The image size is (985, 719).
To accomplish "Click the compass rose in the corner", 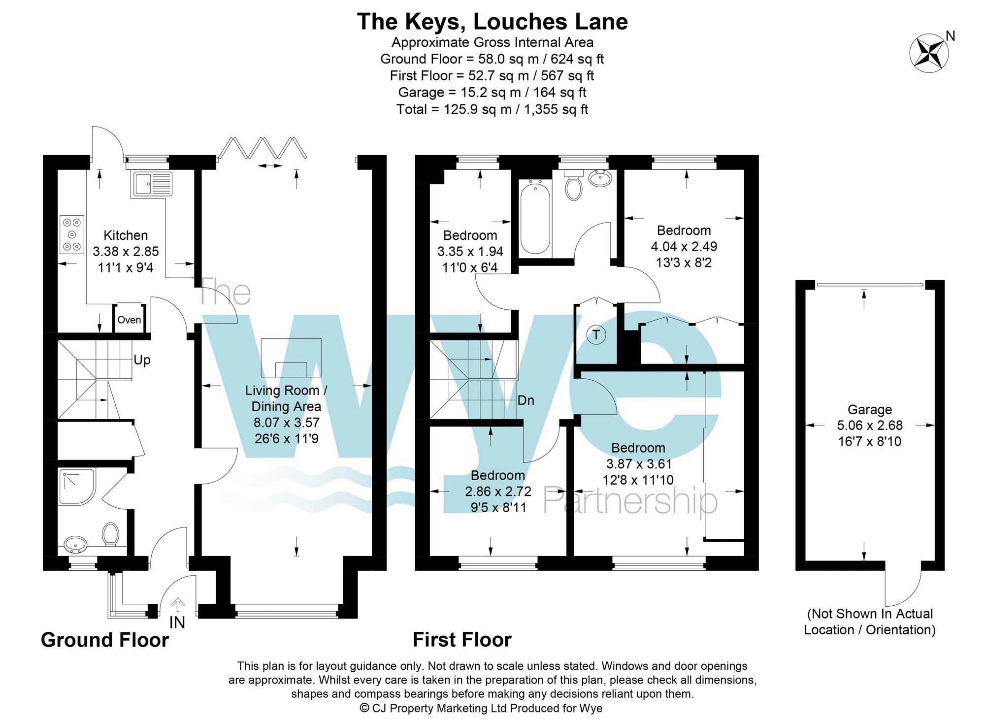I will click(929, 53).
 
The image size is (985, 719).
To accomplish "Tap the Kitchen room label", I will click(126, 235).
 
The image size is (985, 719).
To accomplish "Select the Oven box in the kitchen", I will click(129, 320).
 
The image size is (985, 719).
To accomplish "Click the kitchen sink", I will click(152, 184).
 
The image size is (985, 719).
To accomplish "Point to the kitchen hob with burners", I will click(72, 234).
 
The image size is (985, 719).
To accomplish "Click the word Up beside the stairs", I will click(142, 360).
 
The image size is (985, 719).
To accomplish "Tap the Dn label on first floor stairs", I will click(525, 400).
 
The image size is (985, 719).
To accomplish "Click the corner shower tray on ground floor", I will click(76, 487).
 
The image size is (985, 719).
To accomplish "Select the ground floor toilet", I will click(111, 534).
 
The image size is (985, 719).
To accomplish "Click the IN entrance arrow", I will click(177, 605).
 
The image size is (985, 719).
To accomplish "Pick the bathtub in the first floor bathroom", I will click(535, 217).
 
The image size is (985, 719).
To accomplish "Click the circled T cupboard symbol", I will click(596, 335).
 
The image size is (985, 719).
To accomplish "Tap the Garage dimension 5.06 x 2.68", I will click(870, 425).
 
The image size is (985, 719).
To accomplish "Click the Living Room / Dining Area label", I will click(286, 398).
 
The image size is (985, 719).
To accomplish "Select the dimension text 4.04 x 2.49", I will click(684, 246).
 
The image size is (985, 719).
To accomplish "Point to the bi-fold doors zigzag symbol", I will click(263, 147).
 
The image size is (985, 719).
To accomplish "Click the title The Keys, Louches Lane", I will click(492, 22).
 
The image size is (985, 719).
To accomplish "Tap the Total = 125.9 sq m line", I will click(492, 109).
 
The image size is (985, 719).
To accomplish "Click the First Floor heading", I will click(461, 640).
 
